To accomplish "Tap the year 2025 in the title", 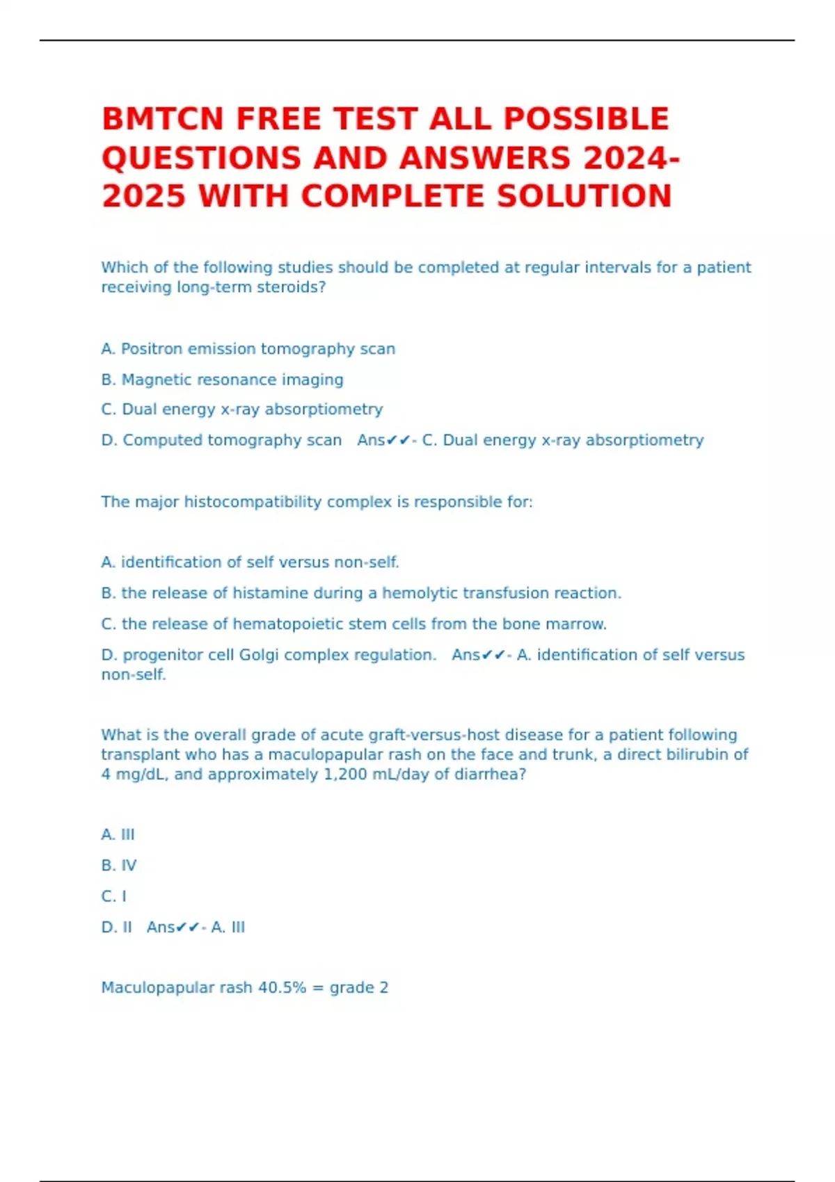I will (145, 196).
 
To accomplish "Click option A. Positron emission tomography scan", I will (248, 349).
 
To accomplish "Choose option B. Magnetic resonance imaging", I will (222, 380).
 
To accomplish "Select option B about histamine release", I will (361, 593).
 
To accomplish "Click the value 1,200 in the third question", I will (345, 775).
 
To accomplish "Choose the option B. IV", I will (119, 866).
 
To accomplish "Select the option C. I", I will (114, 896).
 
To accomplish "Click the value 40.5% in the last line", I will (282, 988).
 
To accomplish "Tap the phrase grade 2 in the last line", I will (359, 988).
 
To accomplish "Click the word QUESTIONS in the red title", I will (202, 158).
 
